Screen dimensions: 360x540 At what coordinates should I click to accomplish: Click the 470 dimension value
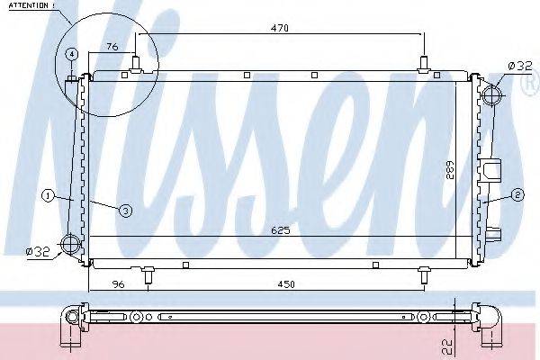click(280, 29)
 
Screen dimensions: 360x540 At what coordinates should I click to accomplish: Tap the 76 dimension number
click(112, 47)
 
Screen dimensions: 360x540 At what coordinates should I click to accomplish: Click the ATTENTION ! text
click(30, 6)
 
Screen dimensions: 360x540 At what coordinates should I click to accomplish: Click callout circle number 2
click(517, 193)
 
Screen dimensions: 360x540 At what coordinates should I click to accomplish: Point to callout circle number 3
click(125, 210)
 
